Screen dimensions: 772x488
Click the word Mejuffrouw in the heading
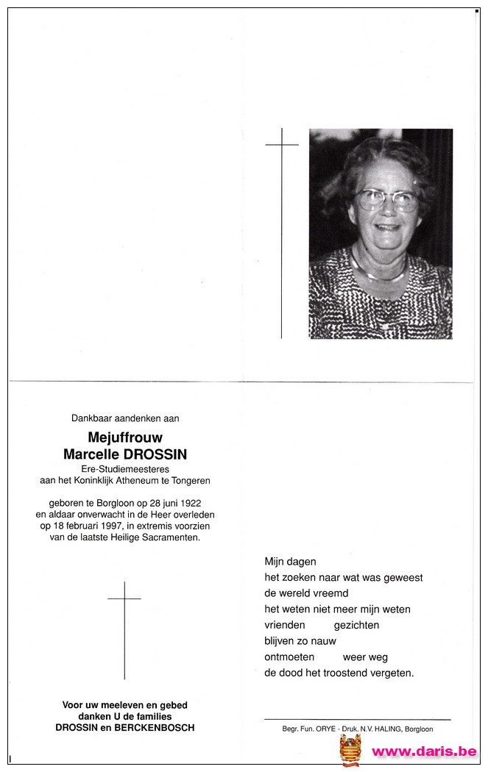coord(125,438)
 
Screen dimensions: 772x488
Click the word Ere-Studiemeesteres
coord(124,469)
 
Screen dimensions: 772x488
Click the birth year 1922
coord(191,502)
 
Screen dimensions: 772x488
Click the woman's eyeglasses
coord(386,199)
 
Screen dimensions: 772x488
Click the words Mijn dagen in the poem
coord(290,562)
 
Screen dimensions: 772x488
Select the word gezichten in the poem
coord(356,625)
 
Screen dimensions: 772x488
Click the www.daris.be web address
coord(423,751)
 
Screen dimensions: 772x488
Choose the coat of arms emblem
coord(350,750)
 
